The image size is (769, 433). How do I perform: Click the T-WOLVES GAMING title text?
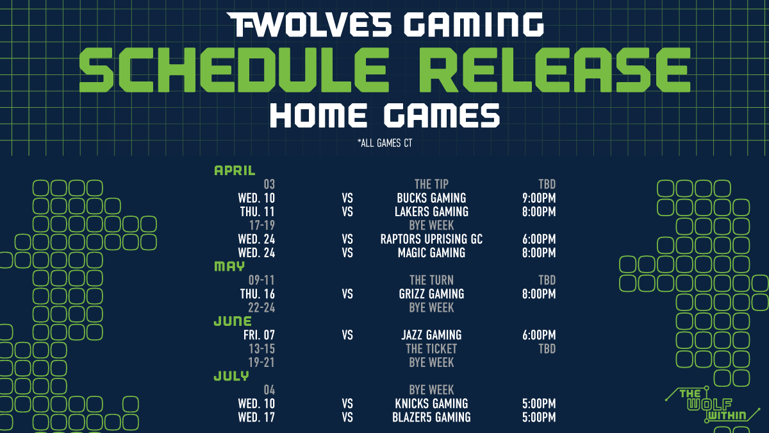tap(384, 24)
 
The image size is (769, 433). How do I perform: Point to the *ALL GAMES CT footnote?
tap(384, 143)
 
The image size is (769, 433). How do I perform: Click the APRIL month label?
tap(235, 171)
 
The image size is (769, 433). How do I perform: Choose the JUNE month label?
tap(233, 321)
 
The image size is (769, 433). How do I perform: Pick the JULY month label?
tap(231, 376)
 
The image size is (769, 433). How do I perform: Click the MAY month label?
tap(229, 266)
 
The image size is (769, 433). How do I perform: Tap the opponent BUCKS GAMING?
tap(431, 198)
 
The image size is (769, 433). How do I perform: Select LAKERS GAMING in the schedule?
tap(431, 211)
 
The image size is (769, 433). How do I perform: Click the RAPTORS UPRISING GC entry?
tap(431, 239)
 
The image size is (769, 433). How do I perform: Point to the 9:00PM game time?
tap(539, 198)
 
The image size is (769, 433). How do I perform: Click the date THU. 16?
tap(257, 294)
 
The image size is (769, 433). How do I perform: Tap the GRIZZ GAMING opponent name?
tap(431, 294)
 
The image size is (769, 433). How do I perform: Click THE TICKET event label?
tap(431, 349)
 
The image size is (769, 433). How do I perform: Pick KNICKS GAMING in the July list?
tap(431, 403)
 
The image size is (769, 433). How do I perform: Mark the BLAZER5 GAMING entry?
tap(431, 417)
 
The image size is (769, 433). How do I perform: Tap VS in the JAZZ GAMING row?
tap(348, 335)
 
